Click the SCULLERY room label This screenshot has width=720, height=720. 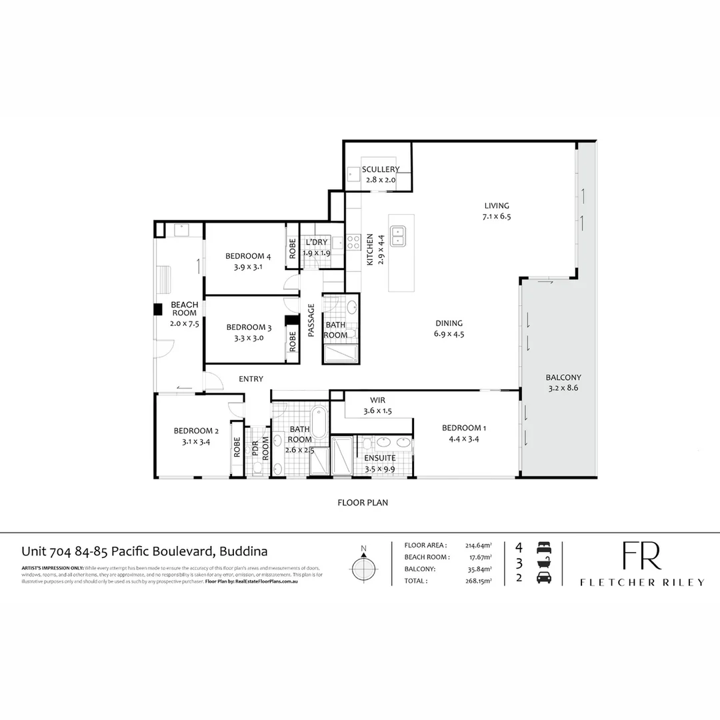(x=380, y=170)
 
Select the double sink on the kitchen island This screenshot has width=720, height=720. (x=399, y=236)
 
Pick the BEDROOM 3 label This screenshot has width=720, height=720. (x=249, y=327)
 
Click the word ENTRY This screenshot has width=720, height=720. (x=251, y=379)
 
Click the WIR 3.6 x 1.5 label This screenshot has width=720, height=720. (x=377, y=406)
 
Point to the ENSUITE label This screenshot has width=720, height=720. (x=379, y=459)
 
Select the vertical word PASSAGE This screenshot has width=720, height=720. (x=311, y=321)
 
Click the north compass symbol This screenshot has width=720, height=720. (x=363, y=568)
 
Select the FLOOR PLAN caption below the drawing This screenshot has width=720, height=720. (x=363, y=503)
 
